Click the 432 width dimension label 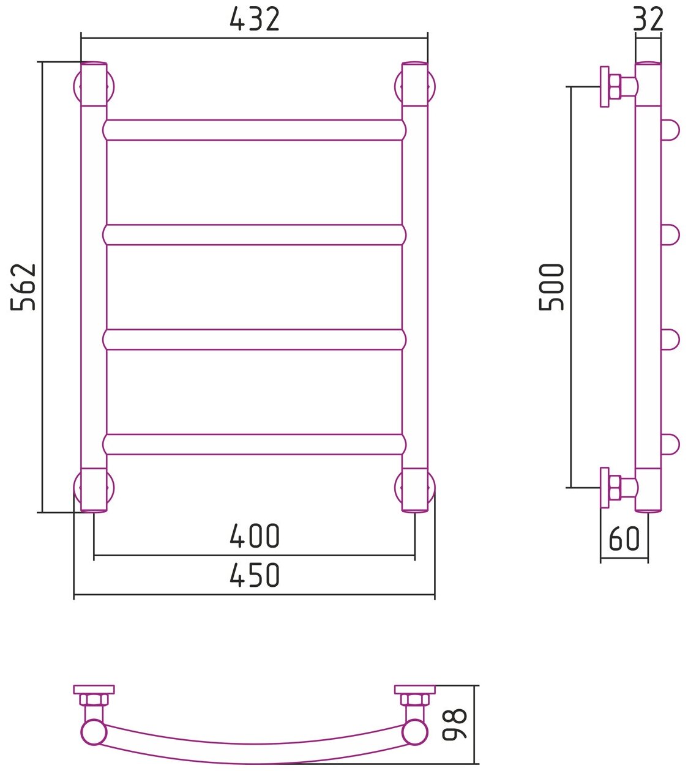coord(255,20)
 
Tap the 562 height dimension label coord(24,287)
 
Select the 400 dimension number coord(255,536)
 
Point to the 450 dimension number coord(255,575)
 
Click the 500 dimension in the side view coord(552,287)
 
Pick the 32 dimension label coord(648,20)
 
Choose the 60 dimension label coord(624,539)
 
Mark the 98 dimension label coord(455,724)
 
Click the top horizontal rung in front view coord(254,130)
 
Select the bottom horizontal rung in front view coord(254,444)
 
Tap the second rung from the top coord(254,235)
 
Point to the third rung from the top coord(254,340)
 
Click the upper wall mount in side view coord(615,86)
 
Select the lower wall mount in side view coord(615,488)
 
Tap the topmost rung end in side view coord(670,130)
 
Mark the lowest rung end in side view coord(670,444)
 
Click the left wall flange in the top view coord(94,690)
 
